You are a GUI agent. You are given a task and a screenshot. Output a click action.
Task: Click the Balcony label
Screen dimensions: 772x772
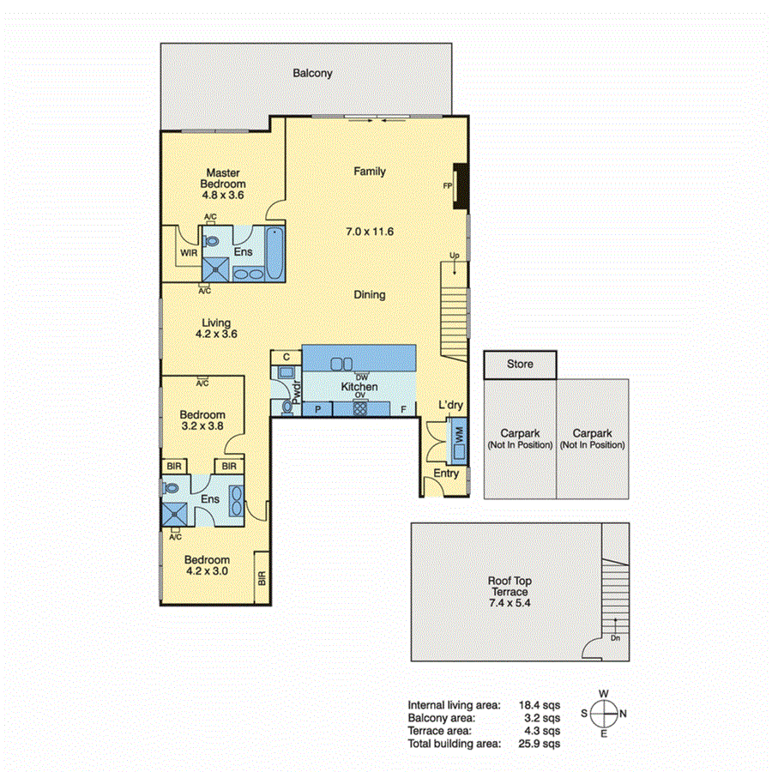pyautogui.click(x=312, y=74)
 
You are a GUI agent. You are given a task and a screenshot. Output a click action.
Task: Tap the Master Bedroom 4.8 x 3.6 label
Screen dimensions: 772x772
pyautogui.click(x=223, y=184)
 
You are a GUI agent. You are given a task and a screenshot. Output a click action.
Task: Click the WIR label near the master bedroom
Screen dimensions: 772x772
pyautogui.click(x=189, y=253)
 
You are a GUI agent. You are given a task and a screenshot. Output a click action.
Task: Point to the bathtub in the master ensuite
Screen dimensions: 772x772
pyautogui.click(x=274, y=254)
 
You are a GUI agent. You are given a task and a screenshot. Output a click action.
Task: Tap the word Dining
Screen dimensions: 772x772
pyautogui.click(x=370, y=294)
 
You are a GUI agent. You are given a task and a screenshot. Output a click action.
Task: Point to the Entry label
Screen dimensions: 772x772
pyautogui.click(x=446, y=473)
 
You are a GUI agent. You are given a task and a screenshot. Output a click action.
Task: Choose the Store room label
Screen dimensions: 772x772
pyautogui.click(x=520, y=364)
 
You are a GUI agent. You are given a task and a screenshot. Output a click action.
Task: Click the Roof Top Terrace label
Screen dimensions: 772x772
pyautogui.click(x=510, y=592)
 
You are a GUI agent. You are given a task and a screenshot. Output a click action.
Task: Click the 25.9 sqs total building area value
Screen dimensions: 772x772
pyautogui.click(x=542, y=743)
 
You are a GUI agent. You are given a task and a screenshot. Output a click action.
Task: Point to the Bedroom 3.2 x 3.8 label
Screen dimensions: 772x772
pyautogui.click(x=203, y=421)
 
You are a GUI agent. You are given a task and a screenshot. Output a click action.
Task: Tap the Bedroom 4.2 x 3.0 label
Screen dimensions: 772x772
pyautogui.click(x=208, y=565)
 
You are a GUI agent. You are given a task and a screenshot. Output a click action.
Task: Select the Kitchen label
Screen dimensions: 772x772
pyautogui.click(x=359, y=388)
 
